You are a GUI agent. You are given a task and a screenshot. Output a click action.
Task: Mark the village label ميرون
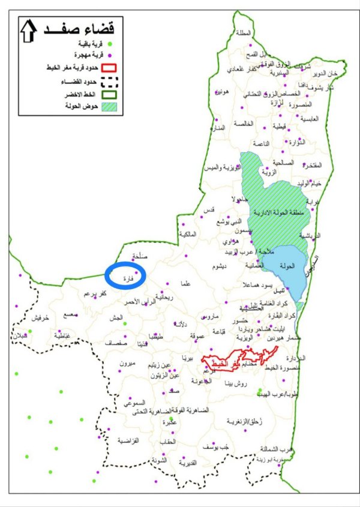129,364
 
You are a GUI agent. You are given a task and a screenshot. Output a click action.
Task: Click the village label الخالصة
244,124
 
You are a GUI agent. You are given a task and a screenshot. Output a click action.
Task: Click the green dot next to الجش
125,323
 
